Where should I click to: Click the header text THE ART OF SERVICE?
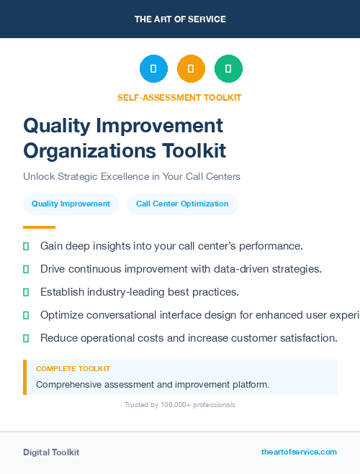click(180, 19)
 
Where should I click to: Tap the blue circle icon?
click(153, 69)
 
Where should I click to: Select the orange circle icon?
click(191, 69)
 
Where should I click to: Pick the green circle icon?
click(228, 69)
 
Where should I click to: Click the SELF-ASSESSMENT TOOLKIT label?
click(179, 98)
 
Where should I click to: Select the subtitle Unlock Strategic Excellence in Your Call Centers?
click(132, 176)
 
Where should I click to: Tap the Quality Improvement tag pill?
click(71, 204)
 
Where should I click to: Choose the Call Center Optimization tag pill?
click(182, 204)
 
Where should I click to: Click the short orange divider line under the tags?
click(39, 227)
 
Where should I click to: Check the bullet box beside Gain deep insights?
click(26, 246)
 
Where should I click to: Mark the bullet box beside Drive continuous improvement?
click(26, 269)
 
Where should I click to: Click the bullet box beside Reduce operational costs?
click(26, 338)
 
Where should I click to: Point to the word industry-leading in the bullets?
click(126, 292)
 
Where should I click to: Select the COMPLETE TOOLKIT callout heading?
click(73, 369)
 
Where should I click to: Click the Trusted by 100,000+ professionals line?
click(179, 405)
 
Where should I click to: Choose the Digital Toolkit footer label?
click(51, 452)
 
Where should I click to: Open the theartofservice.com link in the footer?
click(299, 452)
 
